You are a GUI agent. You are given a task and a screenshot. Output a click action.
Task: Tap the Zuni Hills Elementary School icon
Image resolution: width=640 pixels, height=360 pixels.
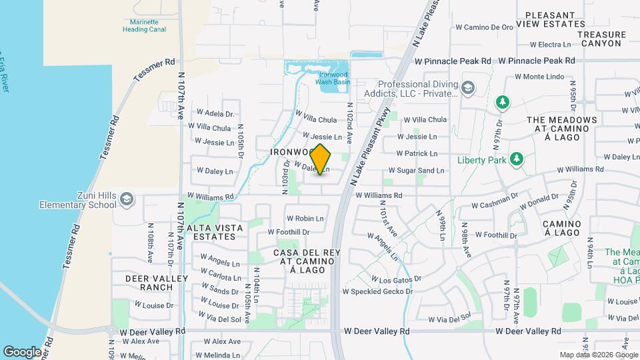[127, 199]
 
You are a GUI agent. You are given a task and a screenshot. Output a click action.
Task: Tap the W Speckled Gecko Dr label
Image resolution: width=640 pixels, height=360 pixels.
[377, 291]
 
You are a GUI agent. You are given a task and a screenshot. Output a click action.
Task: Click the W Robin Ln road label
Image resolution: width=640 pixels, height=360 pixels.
[305, 218]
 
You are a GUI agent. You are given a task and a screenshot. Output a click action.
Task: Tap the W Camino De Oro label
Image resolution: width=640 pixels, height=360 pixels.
[484, 27]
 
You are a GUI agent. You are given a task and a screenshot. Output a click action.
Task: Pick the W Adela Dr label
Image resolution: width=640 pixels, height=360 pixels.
[214, 114]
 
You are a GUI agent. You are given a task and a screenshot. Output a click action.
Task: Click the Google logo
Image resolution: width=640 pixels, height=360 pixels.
[22, 352]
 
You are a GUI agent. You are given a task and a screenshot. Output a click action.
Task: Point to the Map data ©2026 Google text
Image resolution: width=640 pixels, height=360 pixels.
[597, 355]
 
